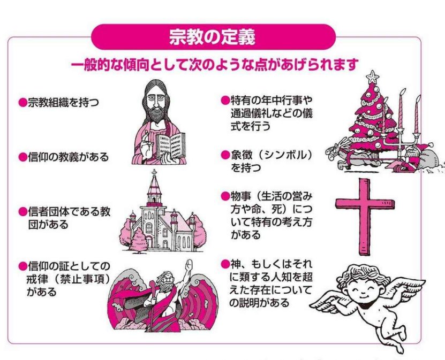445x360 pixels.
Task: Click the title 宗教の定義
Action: (213, 37)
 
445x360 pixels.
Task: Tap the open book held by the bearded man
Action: (171, 143)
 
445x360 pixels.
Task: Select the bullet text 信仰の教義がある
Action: (67, 157)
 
